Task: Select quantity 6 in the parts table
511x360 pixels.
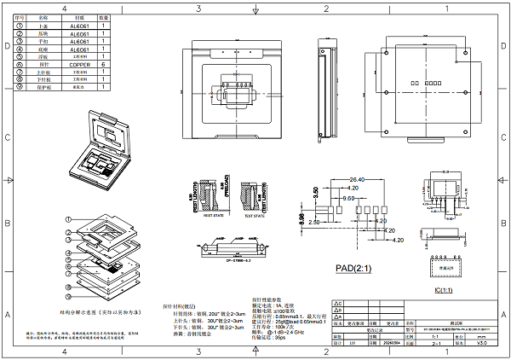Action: [x=103, y=64]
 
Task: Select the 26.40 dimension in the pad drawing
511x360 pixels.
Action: [x=357, y=179]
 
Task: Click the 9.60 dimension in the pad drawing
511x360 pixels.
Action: [x=348, y=197]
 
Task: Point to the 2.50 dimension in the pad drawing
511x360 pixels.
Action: [x=313, y=223]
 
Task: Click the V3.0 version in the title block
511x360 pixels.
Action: [x=482, y=344]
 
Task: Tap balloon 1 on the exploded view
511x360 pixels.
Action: [x=66, y=220]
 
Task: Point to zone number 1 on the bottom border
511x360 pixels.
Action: [x=451, y=354]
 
